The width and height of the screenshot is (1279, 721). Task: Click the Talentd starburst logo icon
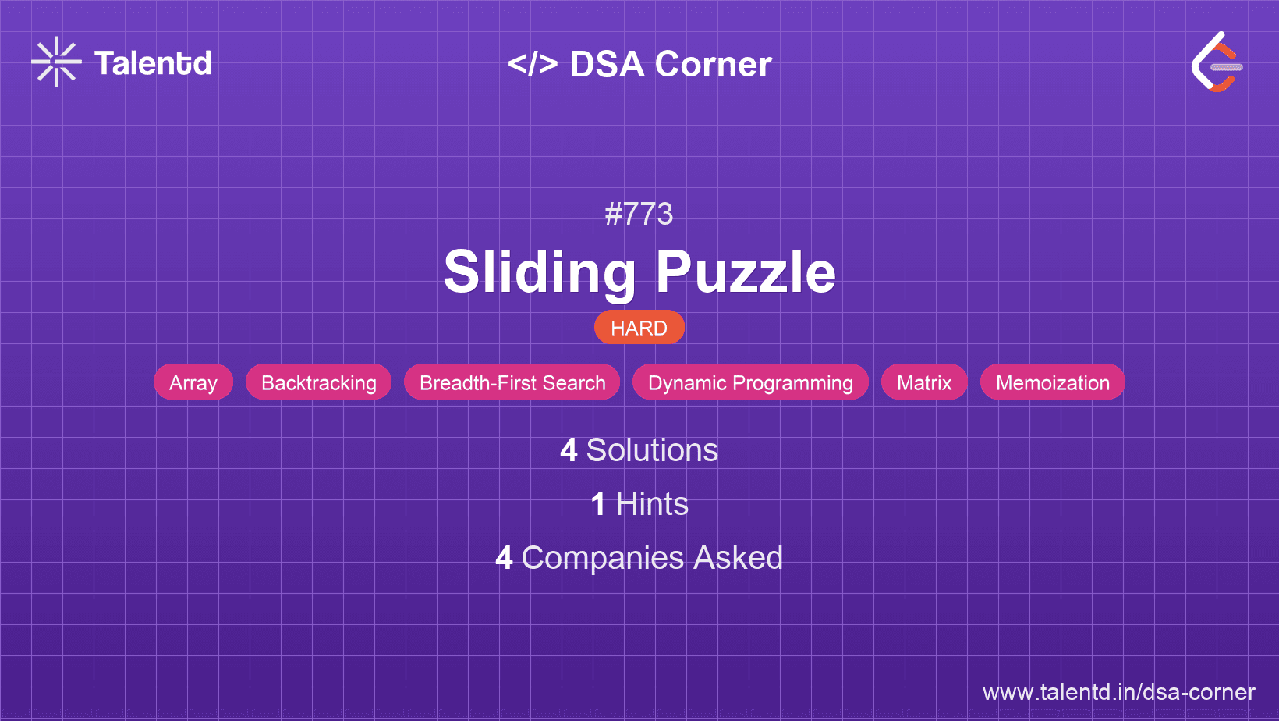(x=56, y=62)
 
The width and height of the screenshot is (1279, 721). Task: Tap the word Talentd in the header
(x=153, y=63)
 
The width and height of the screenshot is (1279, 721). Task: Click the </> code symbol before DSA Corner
(x=533, y=64)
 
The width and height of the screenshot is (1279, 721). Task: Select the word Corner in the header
(x=714, y=64)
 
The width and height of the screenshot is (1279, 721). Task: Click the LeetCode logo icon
(x=1217, y=62)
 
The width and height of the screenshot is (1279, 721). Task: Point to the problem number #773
(x=639, y=214)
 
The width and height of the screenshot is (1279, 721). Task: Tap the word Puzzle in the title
(x=746, y=272)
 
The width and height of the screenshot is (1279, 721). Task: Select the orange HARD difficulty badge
(x=639, y=328)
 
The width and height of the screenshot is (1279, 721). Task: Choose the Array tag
(x=193, y=382)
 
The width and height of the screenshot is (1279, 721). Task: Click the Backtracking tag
(x=318, y=382)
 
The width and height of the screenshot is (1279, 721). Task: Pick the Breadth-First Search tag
(x=512, y=382)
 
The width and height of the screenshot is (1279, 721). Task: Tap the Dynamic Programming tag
(x=750, y=382)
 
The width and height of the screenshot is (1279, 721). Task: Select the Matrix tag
(x=924, y=382)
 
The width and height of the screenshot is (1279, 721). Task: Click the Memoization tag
(x=1052, y=382)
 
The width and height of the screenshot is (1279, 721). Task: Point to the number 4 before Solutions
(x=569, y=450)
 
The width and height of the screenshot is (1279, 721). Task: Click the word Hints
(x=652, y=504)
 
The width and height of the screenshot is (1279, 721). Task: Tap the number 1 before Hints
(x=598, y=504)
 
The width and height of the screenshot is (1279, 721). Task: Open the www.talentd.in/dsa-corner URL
(x=1118, y=692)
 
